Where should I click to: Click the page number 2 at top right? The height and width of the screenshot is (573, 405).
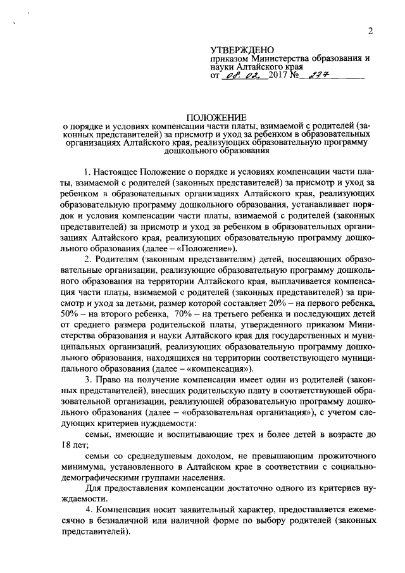(x=371, y=31)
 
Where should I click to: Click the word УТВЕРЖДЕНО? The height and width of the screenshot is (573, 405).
(x=242, y=49)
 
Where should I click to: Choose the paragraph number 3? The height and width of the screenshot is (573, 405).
(x=87, y=379)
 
